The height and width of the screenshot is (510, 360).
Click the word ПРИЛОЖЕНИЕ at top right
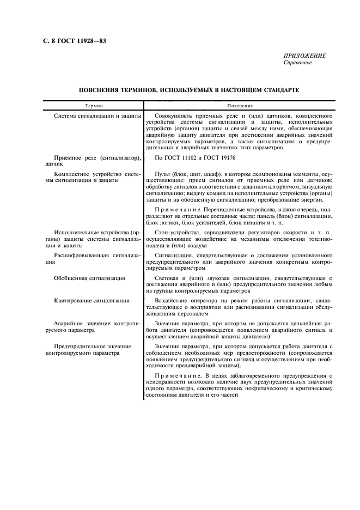pyautogui.click(x=304, y=56)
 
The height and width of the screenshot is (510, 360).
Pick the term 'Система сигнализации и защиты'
pyautogui.click(x=97, y=116)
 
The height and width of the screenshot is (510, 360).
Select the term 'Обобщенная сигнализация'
pyautogui.click(x=89, y=278)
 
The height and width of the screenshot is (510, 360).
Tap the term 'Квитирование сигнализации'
pyautogui.click(x=91, y=300)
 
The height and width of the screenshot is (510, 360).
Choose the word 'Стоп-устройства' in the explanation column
pyautogui.click(x=177, y=233)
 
